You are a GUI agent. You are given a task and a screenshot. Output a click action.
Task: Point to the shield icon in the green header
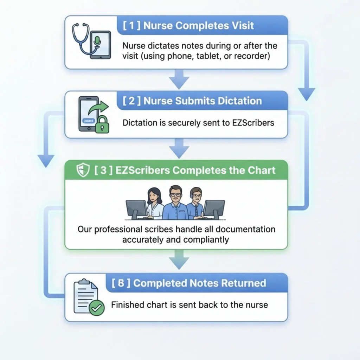(82, 171)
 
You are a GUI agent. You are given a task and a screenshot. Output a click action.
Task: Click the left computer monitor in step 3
(136, 210)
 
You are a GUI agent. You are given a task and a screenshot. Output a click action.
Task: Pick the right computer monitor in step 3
(214, 210)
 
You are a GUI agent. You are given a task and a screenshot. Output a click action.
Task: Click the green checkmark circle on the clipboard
(96, 308)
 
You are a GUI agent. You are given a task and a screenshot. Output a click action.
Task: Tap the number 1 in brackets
(130, 26)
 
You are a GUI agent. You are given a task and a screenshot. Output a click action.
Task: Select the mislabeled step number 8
(121, 283)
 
